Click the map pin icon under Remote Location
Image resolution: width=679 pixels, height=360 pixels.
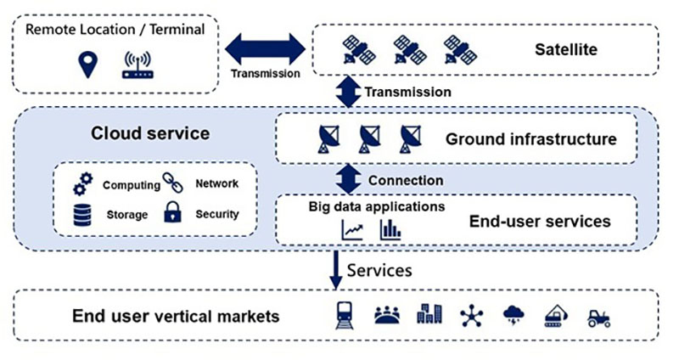83,65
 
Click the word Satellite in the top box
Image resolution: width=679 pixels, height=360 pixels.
565,49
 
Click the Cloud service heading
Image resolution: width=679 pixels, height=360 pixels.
150,134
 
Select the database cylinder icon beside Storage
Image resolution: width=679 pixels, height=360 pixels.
82,215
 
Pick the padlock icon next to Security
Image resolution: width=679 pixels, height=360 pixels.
174,213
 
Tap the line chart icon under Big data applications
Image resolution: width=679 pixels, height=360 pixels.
352,229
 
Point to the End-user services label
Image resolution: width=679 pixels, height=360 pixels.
539,222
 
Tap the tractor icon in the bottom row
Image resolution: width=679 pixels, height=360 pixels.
598,317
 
